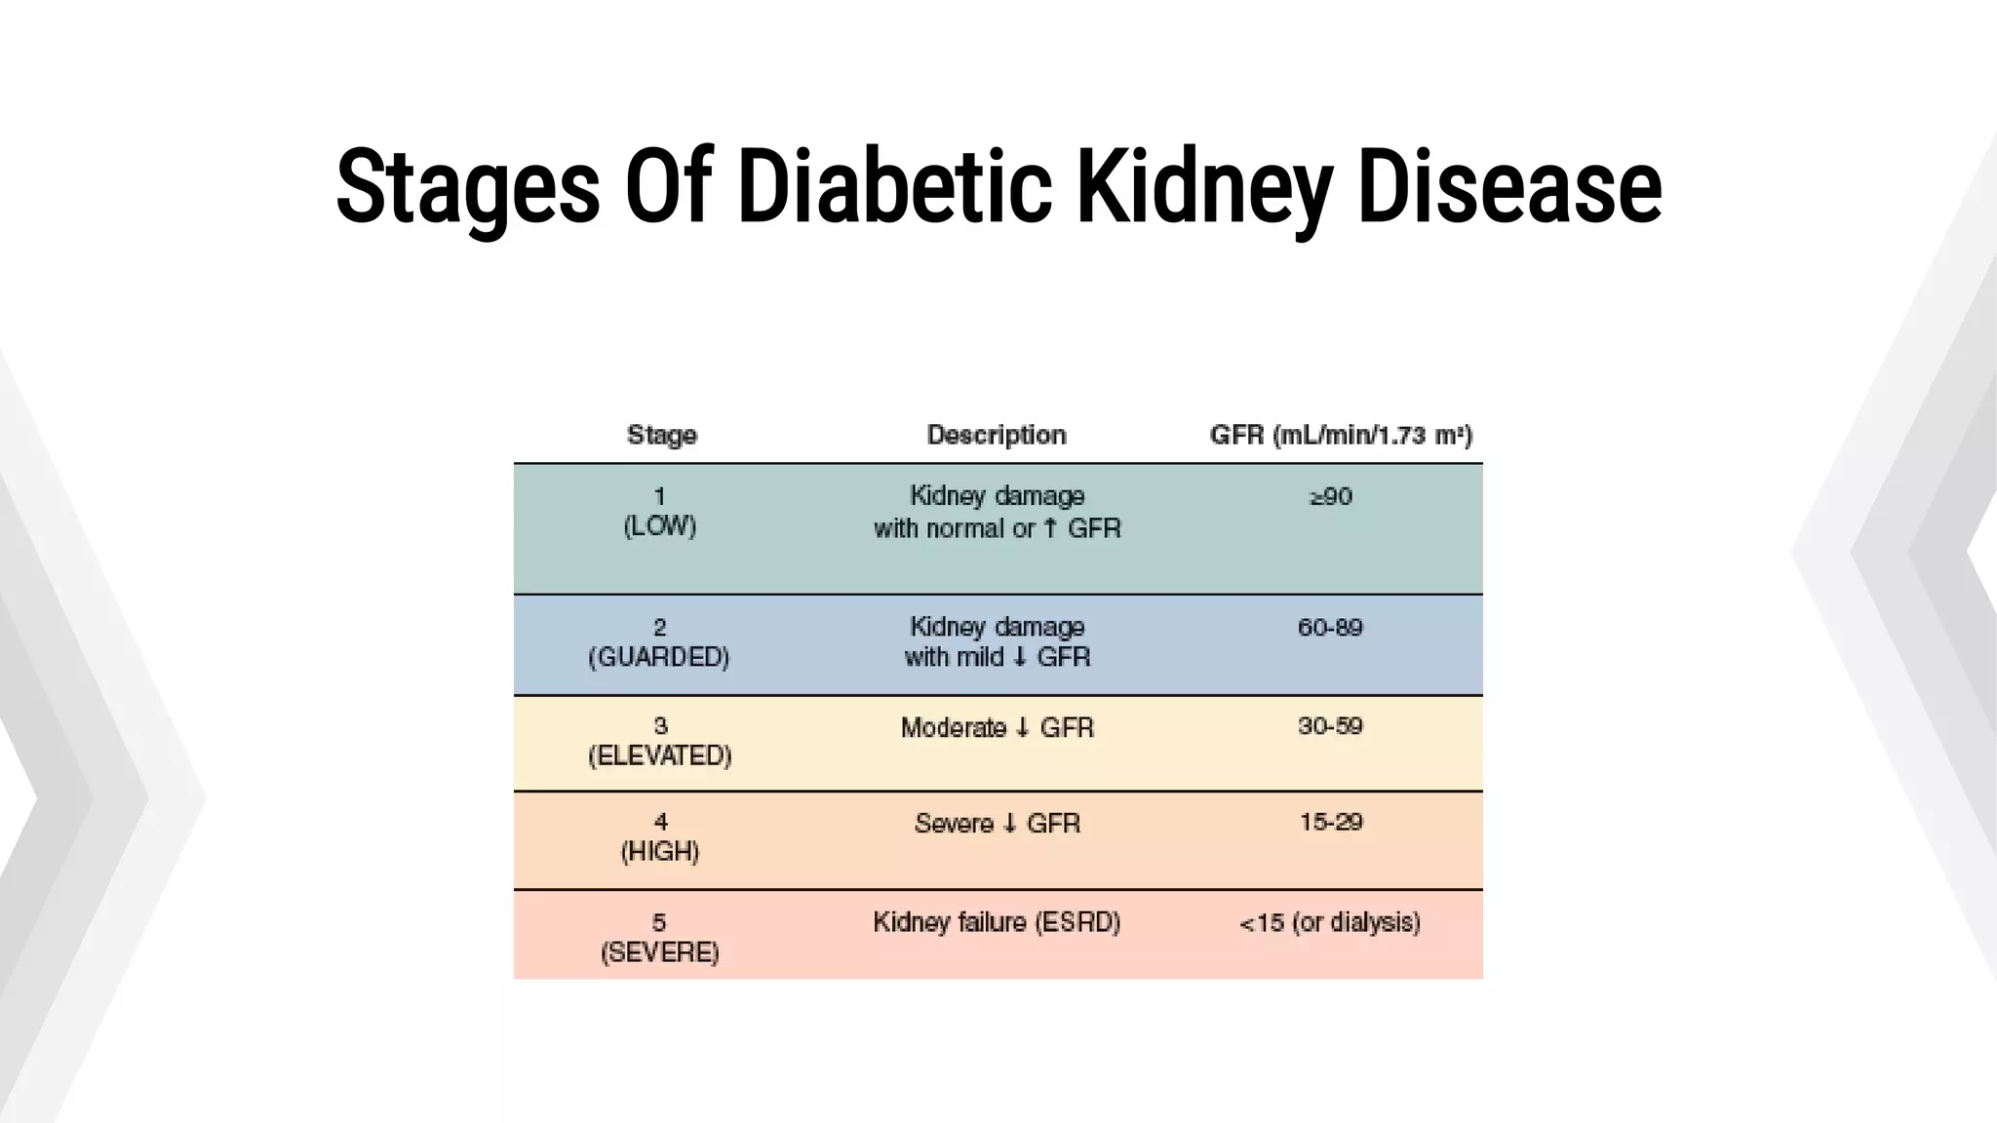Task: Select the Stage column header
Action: (x=662, y=435)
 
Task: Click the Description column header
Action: (x=997, y=435)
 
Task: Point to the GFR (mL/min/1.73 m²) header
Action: (x=1341, y=435)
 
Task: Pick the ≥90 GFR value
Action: (x=1331, y=497)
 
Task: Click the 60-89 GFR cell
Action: (x=1330, y=627)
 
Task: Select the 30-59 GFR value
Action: (x=1330, y=726)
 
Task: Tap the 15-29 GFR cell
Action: (x=1331, y=822)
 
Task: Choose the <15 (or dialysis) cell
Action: (x=1330, y=922)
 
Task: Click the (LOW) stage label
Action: (x=660, y=526)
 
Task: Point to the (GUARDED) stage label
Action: (x=659, y=658)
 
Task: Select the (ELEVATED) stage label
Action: (x=660, y=756)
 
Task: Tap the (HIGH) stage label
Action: (x=660, y=852)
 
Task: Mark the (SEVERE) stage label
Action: (x=660, y=952)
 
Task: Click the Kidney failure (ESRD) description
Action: (x=997, y=922)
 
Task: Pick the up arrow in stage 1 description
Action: (x=1050, y=528)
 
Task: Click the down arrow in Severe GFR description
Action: (x=1009, y=824)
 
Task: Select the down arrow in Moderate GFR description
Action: (x=1023, y=728)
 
